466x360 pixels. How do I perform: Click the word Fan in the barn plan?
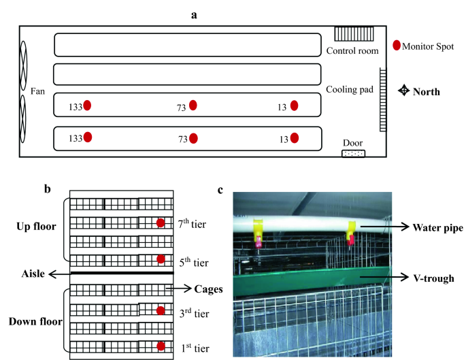tap(37, 91)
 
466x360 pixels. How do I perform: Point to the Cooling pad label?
tap(349, 89)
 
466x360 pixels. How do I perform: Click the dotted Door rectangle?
tap(353, 154)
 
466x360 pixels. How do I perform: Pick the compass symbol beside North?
tap(403, 91)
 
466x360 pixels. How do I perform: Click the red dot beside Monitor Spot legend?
tap(397, 46)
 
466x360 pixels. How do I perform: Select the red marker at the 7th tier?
tap(161, 223)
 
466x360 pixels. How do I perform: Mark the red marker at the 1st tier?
tap(161, 346)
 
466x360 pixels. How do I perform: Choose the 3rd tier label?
tap(191, 313)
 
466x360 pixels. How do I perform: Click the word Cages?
tap(208, 289)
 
